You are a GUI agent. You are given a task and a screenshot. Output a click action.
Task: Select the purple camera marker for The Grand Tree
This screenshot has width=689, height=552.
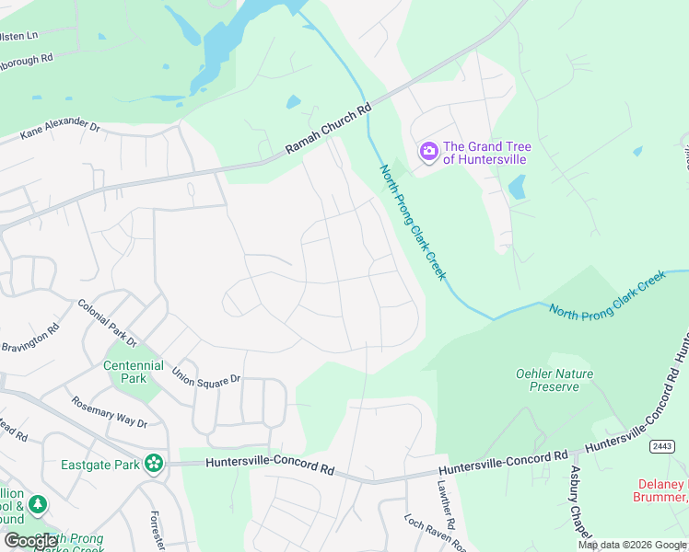428,152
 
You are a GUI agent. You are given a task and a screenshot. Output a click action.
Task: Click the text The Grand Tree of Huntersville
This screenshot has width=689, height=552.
486,153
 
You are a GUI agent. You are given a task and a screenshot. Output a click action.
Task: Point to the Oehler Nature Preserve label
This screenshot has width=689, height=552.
554,380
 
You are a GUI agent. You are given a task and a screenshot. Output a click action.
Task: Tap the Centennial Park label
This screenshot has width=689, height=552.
134,372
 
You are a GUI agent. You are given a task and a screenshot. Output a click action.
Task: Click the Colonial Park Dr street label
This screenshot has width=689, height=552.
107,323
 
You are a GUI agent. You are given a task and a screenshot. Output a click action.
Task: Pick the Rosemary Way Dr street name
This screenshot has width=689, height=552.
109,411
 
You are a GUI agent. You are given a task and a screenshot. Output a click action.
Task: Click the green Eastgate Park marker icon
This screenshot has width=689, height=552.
156,465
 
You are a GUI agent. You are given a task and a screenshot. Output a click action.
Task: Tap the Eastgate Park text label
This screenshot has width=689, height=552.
99,465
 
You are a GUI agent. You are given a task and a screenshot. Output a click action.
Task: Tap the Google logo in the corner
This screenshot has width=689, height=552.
31,541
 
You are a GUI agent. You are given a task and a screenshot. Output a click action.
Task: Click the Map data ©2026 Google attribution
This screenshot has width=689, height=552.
632,545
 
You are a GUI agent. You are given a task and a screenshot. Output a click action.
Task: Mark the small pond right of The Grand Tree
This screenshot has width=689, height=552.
517,189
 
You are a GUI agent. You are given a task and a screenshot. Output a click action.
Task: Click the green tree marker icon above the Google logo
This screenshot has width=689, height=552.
37,505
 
